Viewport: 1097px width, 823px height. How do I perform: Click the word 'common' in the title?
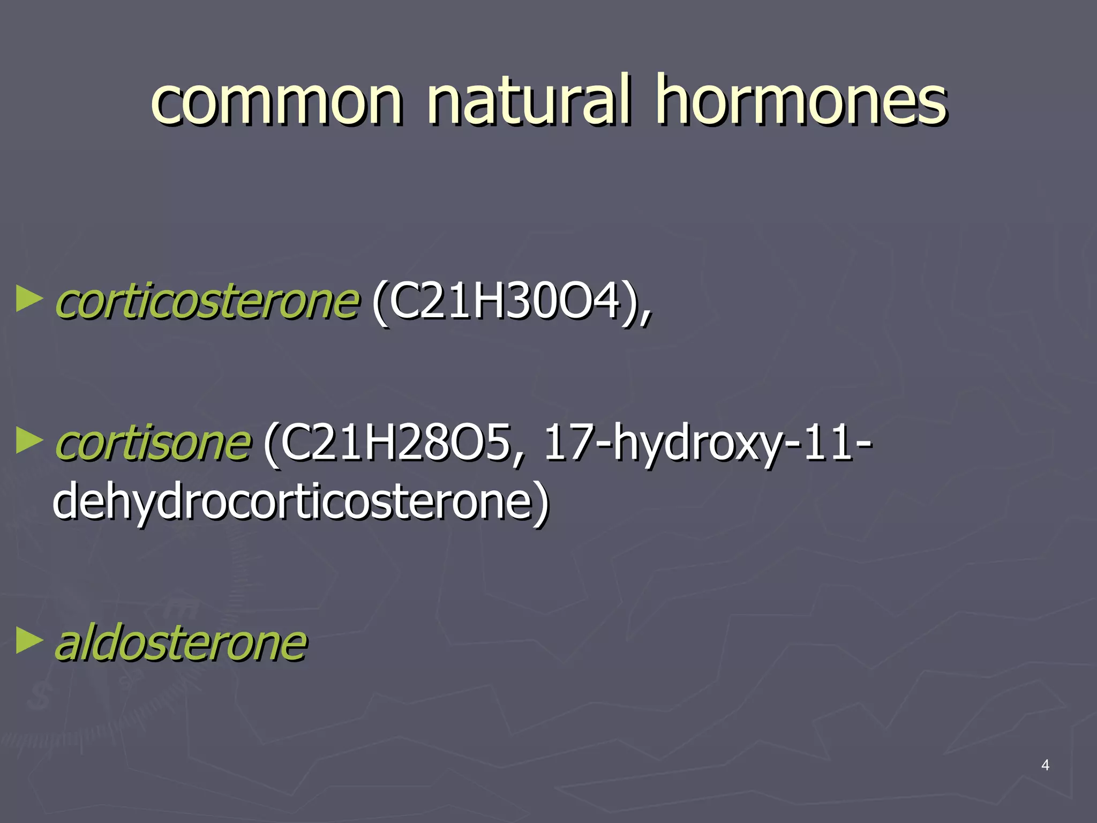(x=276, y=102)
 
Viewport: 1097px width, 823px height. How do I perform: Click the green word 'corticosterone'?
(x=207, y=302)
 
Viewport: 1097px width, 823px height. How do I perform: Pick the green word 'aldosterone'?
(x=181, y=642)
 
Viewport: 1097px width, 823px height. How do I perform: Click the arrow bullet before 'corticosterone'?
(x=29, y=299)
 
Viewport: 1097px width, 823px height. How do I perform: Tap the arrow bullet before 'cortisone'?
(x=29, y=440)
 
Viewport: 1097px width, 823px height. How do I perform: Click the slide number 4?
(x=1045, y=765)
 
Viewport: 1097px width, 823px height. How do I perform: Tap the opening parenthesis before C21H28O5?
(x=271, y=445)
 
